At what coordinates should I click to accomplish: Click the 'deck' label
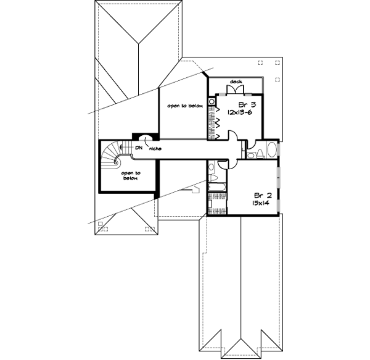click(x=236, y=82)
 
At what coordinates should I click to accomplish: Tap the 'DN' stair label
click(x=139, y=148)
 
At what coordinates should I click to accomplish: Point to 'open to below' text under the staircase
click(x=129, y=176)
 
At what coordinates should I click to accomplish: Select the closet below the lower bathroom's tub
click(x=217, y=203)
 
